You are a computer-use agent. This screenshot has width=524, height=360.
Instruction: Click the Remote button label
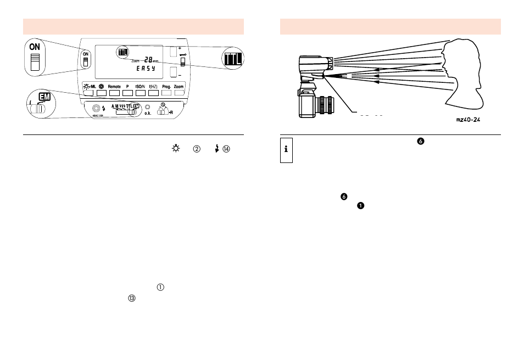tap(114, 87)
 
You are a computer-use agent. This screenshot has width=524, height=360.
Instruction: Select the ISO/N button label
tap(141, 87)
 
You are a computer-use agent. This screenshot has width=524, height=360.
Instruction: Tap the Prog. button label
tap(166, 87)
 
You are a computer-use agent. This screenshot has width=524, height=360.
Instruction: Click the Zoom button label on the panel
tap(179, 87)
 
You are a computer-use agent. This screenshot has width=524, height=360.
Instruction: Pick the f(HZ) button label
tap(153, 87)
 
